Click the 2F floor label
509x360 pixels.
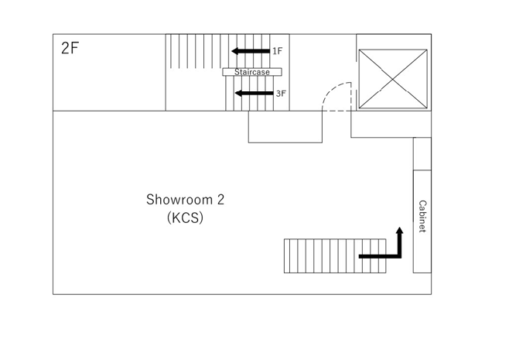click(70, 49)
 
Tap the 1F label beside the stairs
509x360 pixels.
click(277, 51)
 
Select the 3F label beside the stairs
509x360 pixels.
click(281, 94)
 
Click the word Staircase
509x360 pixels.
click(252, 72)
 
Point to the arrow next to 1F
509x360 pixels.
click(251, 51)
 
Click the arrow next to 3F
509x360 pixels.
click(254, 94)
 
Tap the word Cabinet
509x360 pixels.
click(422, 217)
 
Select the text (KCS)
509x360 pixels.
click(185, 218)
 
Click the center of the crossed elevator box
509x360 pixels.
click(393, 79)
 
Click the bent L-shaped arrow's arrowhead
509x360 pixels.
click(400, 230)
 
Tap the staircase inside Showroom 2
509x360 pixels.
click(335, 256)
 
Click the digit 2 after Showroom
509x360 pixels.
click(220, 200)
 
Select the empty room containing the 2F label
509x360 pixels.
click(109, 72)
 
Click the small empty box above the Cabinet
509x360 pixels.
click(422, 154)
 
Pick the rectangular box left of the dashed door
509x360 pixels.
click(285, 127)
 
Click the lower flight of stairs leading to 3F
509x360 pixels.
click(249, 94)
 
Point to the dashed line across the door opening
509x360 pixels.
click(336, 111)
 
